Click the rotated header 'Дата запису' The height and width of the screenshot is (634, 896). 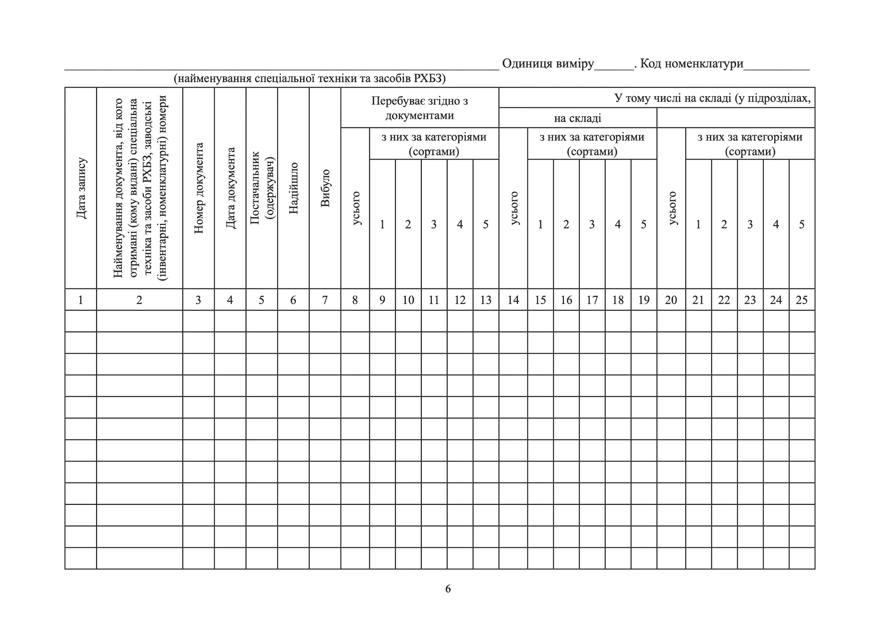[81, 188]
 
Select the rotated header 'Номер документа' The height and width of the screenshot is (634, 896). [199, 188]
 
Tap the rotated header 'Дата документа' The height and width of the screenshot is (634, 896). [230, 188]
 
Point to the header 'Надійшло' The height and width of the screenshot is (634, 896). [293, 188]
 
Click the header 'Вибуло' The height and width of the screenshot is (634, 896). [325, 188]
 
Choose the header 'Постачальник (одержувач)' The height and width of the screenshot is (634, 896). [262, 188]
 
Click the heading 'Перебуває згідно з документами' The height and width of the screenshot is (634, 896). [420, 108]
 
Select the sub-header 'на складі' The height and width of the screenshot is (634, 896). [577, 118]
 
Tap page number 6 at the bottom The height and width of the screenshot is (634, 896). [448, 589]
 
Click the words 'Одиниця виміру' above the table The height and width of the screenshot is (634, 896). [548, 63]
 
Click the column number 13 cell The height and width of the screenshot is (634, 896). [486, 300]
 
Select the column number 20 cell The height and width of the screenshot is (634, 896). [671, 300]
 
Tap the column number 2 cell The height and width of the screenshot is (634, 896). [139, 300]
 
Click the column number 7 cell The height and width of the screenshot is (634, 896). [325, 300]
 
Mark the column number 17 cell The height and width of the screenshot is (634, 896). [592, 300]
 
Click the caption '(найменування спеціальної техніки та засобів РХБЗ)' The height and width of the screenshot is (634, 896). [309, 79]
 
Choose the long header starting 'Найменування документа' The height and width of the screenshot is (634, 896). [139, 188]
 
